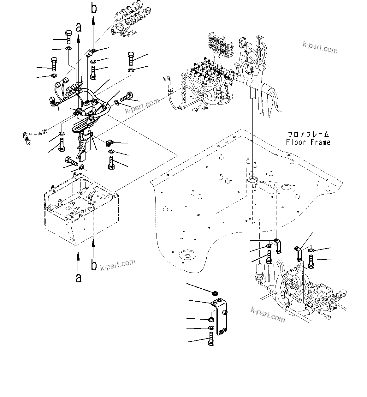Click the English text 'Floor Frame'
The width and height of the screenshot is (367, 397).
tap(308, 142)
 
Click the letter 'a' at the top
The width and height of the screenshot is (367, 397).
tap(79, 27)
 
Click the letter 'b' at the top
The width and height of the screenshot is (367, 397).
tap(94, 8)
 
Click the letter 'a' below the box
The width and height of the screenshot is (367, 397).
tap(79, 278)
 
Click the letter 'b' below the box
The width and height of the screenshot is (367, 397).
tap(94, 265)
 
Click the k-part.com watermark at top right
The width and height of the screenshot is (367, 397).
tap(320, 48)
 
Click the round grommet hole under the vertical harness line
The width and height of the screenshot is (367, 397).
tap(252, 180)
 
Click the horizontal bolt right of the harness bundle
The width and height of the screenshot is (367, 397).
tap(126, 96)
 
